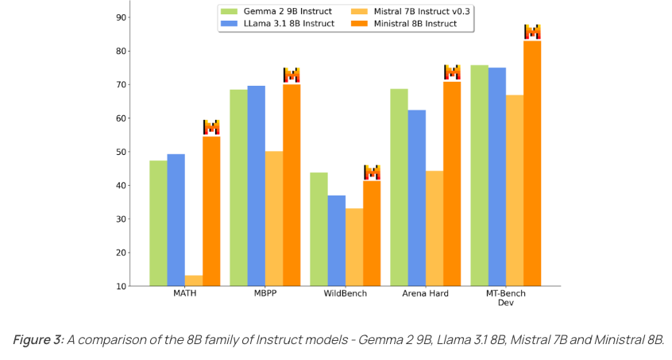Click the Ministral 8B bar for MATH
[211, 211]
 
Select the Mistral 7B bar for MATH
[194, 281]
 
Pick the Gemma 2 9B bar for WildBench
[319, 229]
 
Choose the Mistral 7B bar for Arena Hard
[434, 228]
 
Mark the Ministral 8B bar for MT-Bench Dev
[532, 163]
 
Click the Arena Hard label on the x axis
[425, 294]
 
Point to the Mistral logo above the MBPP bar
[292, 75]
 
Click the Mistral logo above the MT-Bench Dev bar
[532, 32]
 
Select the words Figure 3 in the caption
[37, 340]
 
